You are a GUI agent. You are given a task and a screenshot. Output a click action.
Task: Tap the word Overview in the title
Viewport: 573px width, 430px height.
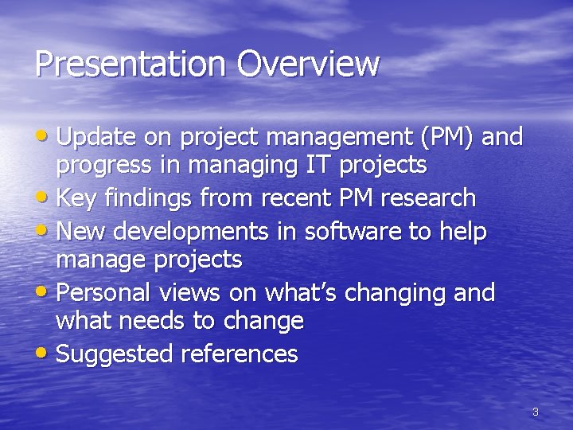pyautogui.click(x=309, y=64)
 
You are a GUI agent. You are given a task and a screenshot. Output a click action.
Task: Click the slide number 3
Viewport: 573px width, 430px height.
pyautogui.click(x=535, y=412)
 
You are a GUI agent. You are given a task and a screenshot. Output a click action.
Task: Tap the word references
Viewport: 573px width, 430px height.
pyautogui.click(x=240, y=354)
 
